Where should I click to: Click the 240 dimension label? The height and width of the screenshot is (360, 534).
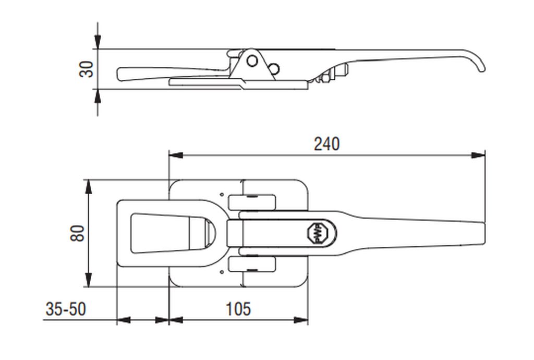click(x=326, y=144)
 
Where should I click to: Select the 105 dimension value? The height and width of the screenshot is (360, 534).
click(x=238, y=309)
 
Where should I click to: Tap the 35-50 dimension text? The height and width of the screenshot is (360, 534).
click(x=66, y=309)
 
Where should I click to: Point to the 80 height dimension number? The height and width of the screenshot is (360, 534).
click(x=77, y=233)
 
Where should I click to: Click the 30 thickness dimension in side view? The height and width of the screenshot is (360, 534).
click(x=86, y=69)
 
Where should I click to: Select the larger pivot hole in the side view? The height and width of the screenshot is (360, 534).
click(x=252, y=61)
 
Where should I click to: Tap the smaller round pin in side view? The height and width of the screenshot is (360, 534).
click(x=274, y=69)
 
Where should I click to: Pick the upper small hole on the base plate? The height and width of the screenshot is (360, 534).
click(x=222, y=195)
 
